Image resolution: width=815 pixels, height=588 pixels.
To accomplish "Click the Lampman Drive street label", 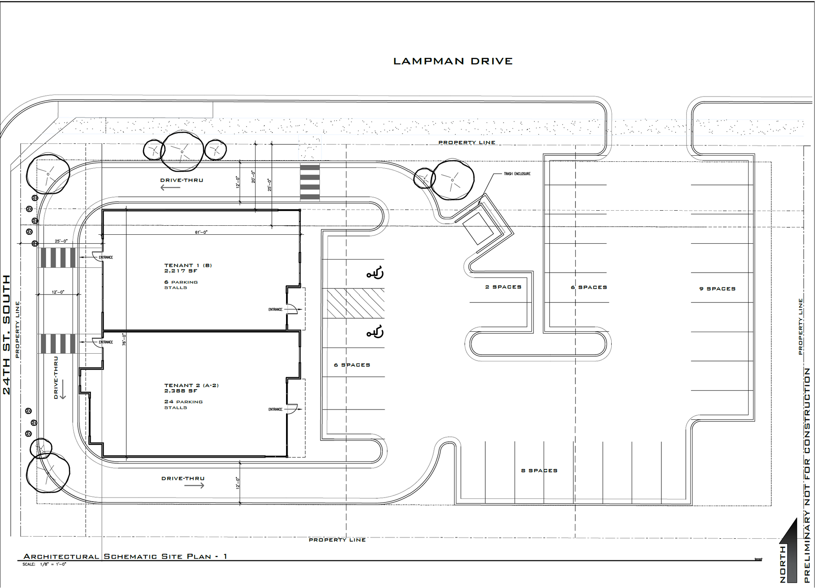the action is [x=453, y=61].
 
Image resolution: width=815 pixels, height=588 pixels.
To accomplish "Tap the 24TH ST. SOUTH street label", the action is [x=7, y=335].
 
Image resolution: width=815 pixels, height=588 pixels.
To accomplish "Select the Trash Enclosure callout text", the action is [x=517, y=174].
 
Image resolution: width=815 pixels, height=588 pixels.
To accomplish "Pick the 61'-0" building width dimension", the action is [x=201, y=232].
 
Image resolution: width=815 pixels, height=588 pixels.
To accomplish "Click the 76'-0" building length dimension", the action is [x=124, y=339].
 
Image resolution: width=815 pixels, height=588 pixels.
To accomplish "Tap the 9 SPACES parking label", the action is [x=717, y=288].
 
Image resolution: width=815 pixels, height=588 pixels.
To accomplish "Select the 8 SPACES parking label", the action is [x=539, y=470].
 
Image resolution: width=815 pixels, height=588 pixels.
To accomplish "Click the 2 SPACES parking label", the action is [x=503, y=287].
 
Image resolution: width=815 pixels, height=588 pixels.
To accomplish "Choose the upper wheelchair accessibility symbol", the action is [x=375, y=273].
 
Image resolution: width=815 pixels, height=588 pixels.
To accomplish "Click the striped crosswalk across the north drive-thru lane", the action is [x=310, y=182].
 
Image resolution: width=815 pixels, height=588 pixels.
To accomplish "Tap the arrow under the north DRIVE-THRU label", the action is [x=170, y=188].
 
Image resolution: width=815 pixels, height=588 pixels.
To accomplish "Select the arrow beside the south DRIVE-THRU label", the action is [x=194, y=485].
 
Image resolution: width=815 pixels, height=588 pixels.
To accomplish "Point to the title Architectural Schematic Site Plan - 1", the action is [x=125, y=556].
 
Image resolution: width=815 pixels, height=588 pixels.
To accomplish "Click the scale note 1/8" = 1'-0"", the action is [x=53, y=564].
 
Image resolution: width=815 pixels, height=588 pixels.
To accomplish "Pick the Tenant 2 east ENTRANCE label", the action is [x=275, y=409].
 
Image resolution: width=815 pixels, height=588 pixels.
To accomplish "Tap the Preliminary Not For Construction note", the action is [x=807, y=475].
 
